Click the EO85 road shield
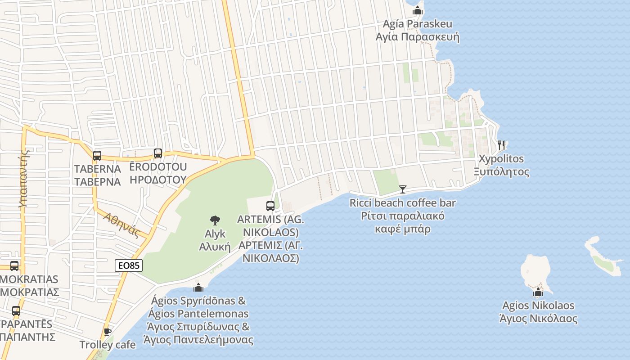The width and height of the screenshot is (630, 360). pos(129,265)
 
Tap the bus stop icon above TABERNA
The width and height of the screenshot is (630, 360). pos(97,156)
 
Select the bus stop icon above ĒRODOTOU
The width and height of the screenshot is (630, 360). pos(157,153)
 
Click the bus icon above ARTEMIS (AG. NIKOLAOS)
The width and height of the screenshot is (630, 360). pos(270,206)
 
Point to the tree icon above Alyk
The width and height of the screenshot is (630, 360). pos(215,220)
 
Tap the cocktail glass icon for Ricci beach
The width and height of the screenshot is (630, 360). pos(402,189)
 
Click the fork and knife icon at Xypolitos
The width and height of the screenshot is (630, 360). pos(502,145)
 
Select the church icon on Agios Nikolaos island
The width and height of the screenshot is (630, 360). pos(538,292)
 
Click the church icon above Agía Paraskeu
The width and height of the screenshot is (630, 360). pos(418,10)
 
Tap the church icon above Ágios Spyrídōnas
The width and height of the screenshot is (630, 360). pos(198,287)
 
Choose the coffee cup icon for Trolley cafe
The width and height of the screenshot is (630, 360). pos(107,332)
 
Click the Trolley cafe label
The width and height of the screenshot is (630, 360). pos(107,345)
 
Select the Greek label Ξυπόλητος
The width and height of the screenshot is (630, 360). pos(501,172)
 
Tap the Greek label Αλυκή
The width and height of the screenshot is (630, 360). pos(215,247)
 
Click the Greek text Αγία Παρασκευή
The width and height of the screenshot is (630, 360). pos(417,37)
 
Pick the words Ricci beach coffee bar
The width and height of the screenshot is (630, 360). pos(402,203)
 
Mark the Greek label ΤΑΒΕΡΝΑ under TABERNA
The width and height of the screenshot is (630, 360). pos(97,182)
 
